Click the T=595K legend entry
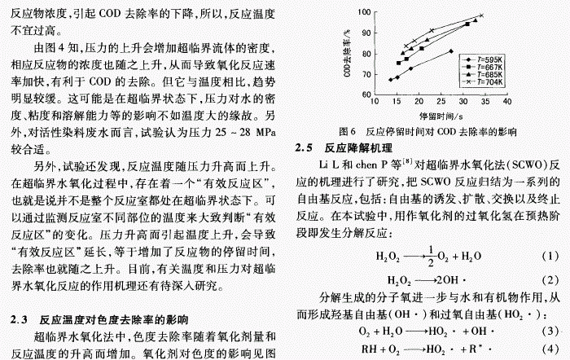click(x=484, y=59)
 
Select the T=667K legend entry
click(x=484, y=67)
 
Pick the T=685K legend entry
click(x=484, y=74)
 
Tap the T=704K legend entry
click(x=484, y=81)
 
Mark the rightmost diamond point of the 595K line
click(x=451, y=50)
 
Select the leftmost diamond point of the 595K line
click(x=390, y=80)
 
